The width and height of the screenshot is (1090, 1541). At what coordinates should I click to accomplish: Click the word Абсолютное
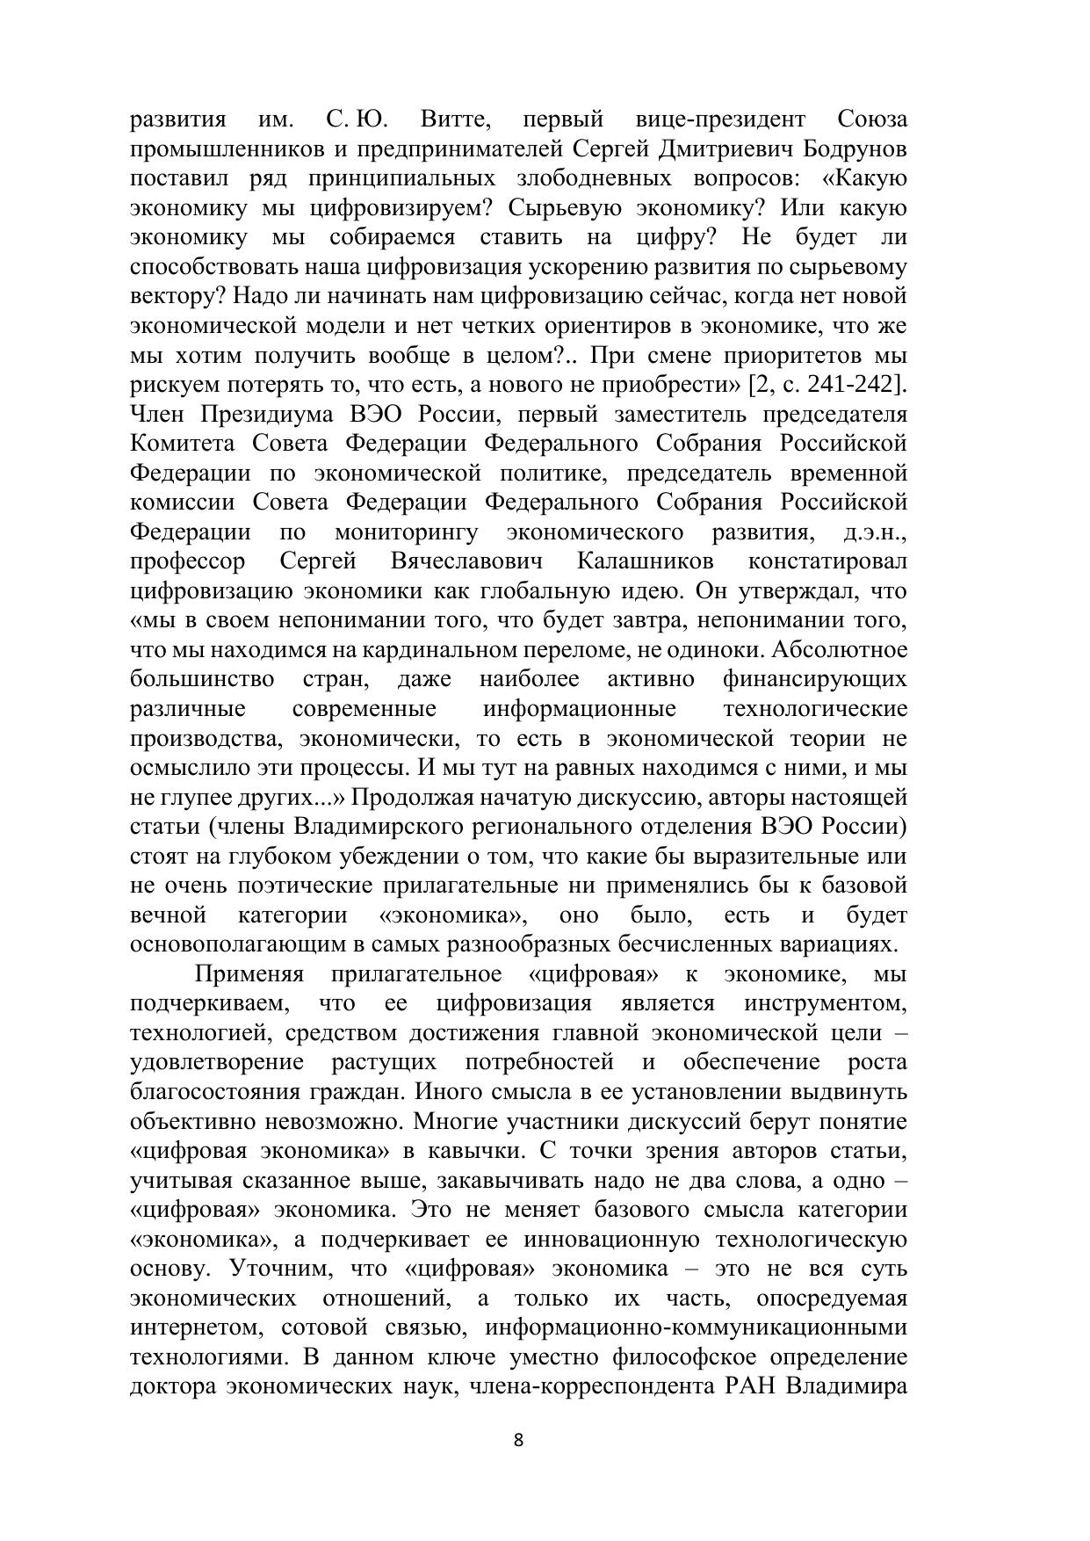(842, 650)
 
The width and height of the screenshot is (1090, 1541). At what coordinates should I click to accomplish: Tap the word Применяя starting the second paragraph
(249, 974)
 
